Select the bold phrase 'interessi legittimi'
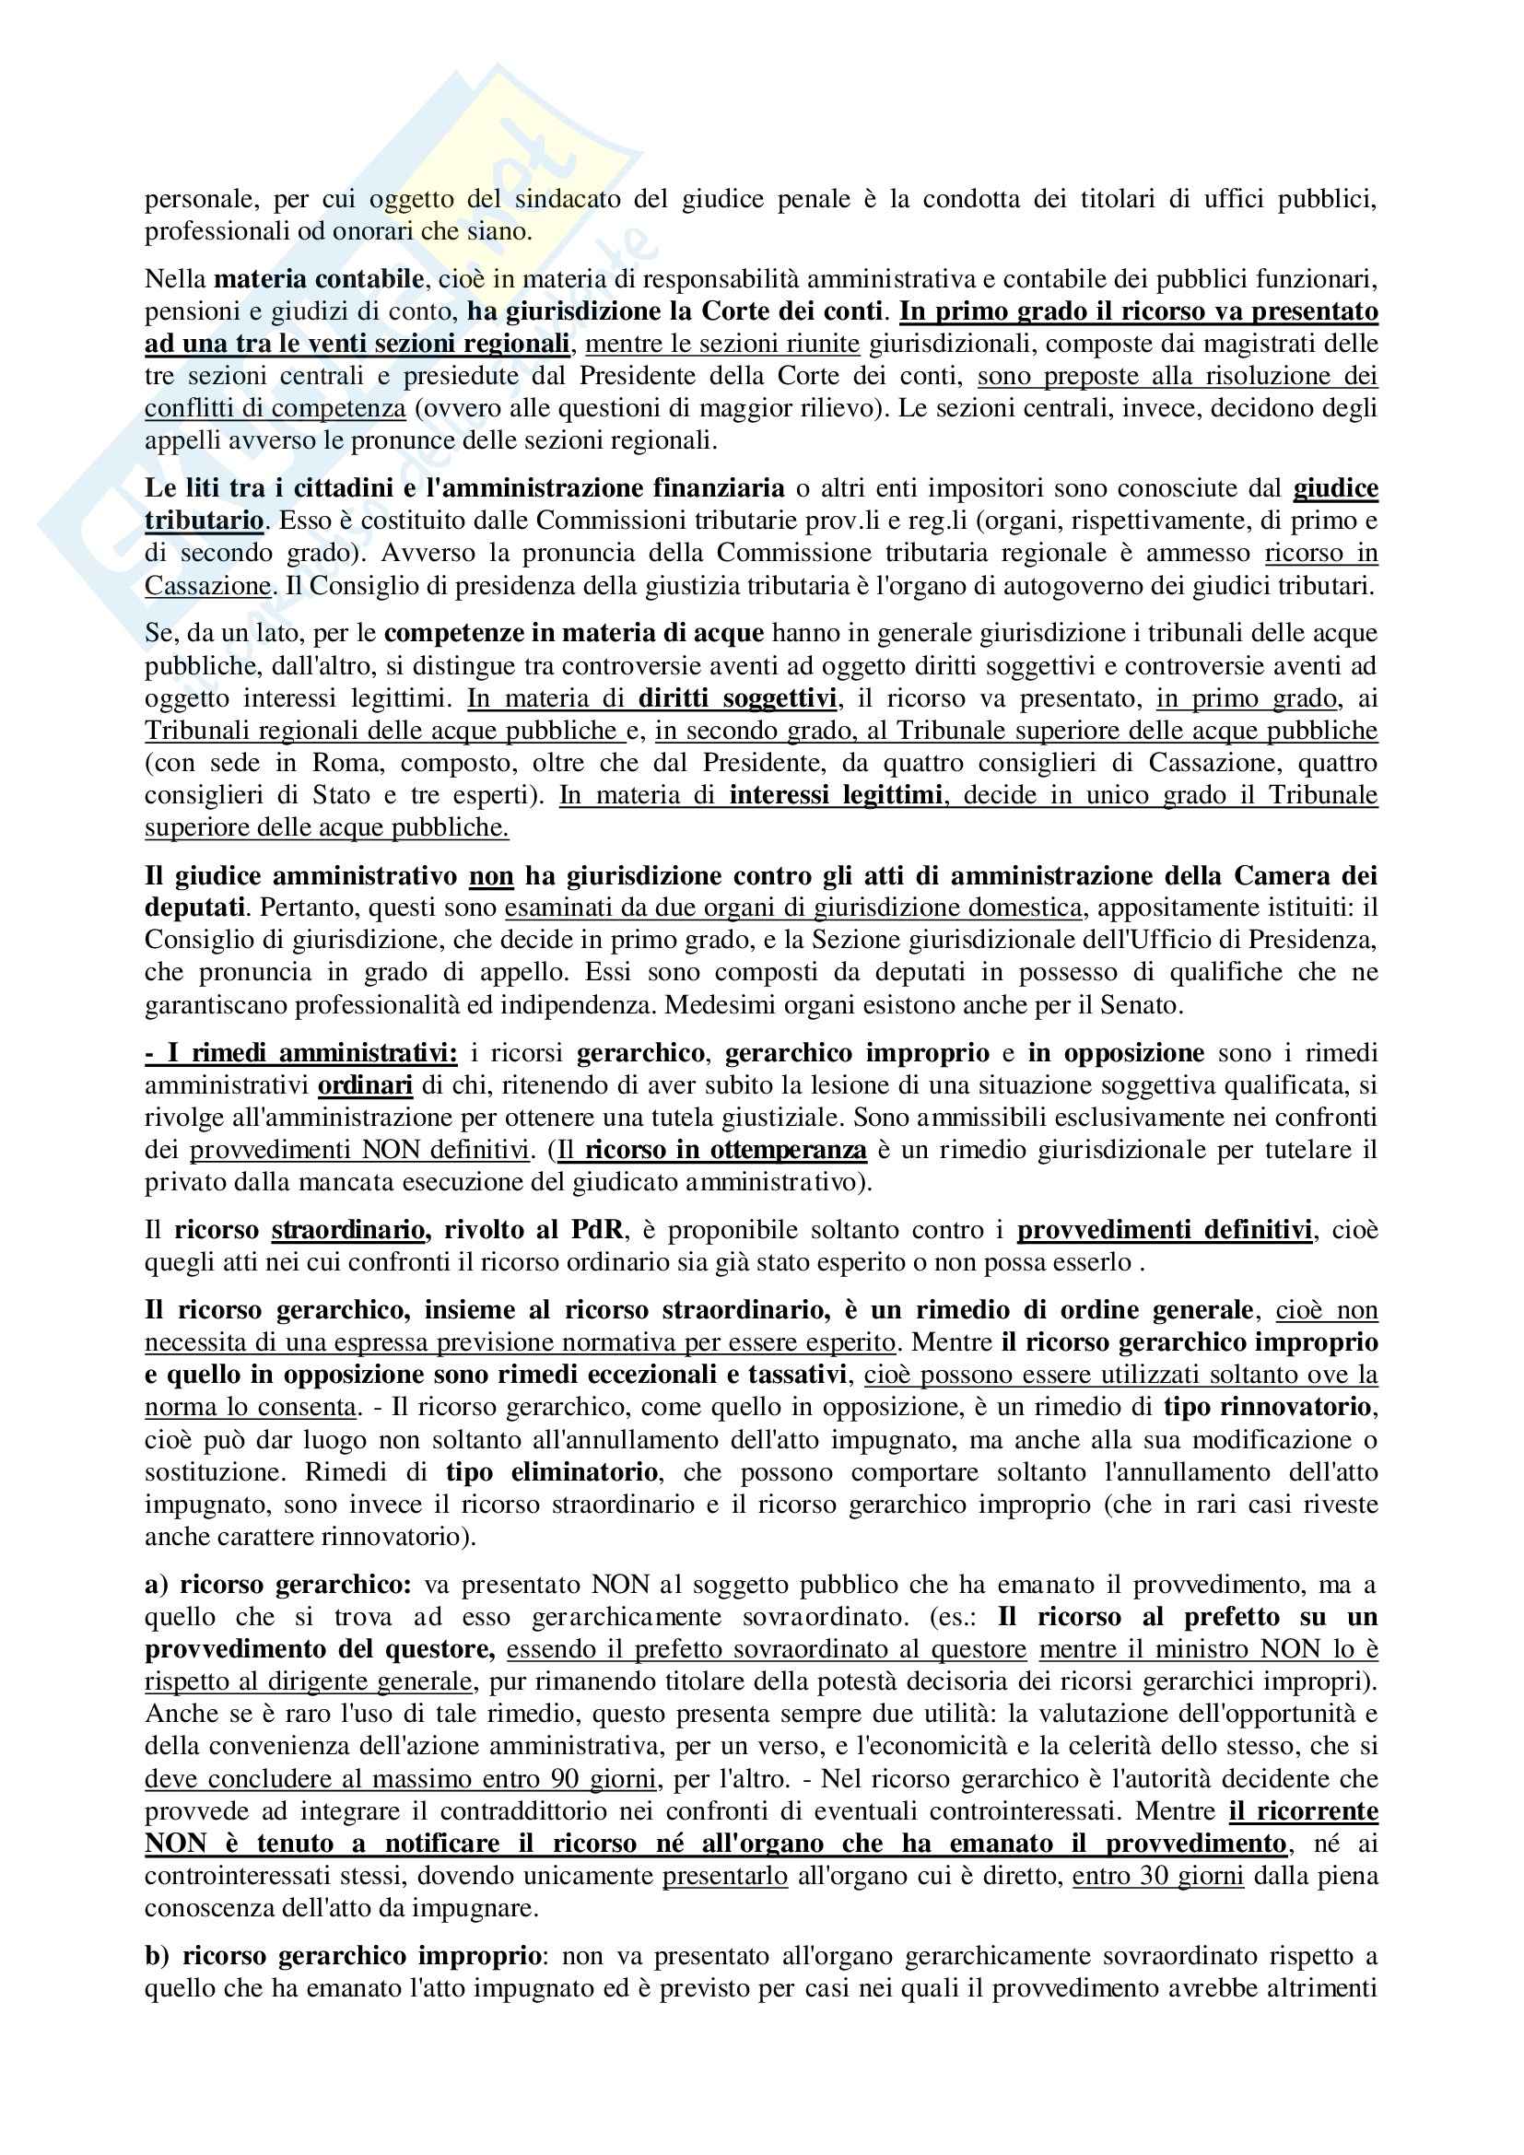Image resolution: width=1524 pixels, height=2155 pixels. pos(835,795)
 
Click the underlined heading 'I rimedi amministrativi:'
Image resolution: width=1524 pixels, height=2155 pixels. pos(301,1054)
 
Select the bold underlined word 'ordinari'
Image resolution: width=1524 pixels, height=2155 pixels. pos(365,1086)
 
